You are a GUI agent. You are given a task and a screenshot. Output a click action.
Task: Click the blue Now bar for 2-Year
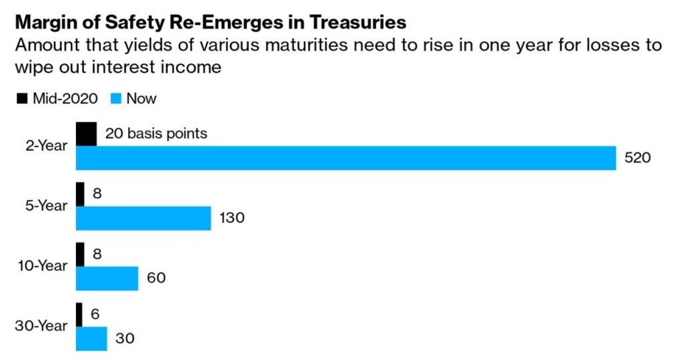346,158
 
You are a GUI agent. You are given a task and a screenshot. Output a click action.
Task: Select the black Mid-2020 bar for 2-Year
86,134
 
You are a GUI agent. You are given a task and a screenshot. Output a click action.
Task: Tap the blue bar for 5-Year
143,218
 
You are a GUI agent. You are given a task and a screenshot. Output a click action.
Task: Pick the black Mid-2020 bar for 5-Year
80,194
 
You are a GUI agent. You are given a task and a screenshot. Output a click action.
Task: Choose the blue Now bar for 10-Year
107,278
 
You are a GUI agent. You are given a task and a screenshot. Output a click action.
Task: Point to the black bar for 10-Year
80,254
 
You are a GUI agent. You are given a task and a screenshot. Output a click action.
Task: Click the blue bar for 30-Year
91,338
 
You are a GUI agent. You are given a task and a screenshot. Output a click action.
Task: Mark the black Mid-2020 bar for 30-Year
79,315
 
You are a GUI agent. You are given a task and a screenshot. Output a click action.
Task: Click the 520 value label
637,158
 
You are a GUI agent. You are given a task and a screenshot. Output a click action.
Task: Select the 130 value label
231,218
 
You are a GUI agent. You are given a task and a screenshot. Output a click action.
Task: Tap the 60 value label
156,278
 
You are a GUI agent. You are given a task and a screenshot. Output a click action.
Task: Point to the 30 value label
124,338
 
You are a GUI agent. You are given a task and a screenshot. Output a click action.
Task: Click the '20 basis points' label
156,134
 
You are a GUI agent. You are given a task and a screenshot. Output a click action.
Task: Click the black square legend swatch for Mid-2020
22,99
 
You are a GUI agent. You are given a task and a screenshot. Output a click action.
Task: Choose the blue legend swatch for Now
114,99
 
